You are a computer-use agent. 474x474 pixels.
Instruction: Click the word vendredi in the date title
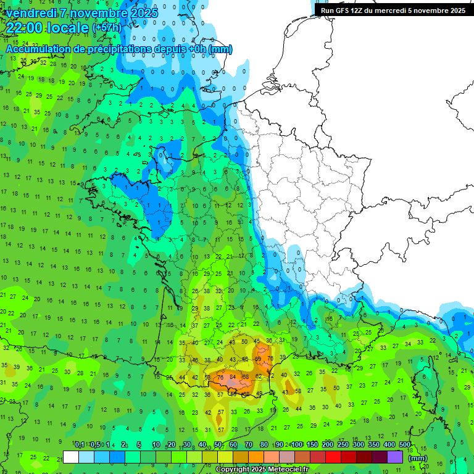[31, 12]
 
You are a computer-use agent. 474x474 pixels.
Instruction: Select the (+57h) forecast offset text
[107, 28]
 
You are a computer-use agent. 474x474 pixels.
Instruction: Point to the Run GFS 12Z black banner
[393, 10]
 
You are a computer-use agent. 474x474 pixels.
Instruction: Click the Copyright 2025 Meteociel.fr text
[264, 469]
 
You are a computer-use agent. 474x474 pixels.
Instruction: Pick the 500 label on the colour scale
[405, 445]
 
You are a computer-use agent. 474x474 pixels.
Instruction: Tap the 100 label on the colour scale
[297, 445]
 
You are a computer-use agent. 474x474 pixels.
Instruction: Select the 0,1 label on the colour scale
[80, 445]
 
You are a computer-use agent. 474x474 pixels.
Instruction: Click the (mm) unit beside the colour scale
[418, 458]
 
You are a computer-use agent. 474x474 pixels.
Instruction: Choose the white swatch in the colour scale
[71, 457]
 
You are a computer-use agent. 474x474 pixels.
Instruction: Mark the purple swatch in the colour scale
[395, 457]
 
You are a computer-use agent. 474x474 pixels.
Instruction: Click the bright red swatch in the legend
[333, 457]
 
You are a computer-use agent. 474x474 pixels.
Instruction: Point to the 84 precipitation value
[233, 377]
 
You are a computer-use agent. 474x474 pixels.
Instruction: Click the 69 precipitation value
[258, 359]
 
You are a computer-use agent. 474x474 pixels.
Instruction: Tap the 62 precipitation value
[259, 376]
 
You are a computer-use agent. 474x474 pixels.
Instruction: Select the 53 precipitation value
[207, 377]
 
